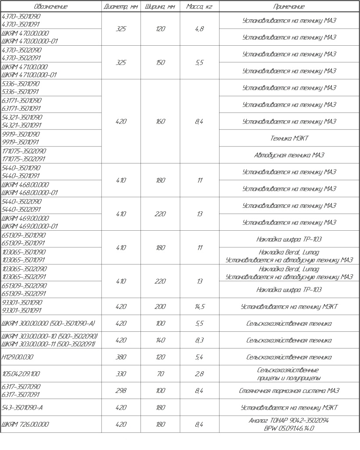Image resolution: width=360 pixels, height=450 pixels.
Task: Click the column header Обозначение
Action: tap(51, 7)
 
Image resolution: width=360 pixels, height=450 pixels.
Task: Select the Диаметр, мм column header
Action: tap(121, 7)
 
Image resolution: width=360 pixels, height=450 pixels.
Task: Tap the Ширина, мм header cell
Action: tap(160, 7)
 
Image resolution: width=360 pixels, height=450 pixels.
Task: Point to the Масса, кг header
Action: tap(199, 7)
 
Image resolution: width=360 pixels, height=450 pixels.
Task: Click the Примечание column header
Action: tap(289, 7)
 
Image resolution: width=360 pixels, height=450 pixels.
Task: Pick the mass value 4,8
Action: tap(199, 29)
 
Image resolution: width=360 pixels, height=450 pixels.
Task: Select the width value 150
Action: tap(160, 63)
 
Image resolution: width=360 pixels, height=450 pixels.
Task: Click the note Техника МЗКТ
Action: tap(289, 138)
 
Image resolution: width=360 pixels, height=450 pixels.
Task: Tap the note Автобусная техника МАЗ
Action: tap(289, 155)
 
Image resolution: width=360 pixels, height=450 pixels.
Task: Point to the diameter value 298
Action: tap(121, 391)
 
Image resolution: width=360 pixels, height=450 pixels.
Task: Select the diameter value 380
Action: tap(121, 357)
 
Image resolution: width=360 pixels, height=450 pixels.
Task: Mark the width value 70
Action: tap(160, 374)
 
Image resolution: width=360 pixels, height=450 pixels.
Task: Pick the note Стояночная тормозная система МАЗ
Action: tap(289, 391)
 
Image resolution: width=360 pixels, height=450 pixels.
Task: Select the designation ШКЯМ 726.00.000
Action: tap(26, 425)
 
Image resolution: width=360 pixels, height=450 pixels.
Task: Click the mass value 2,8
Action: tap(199, 374)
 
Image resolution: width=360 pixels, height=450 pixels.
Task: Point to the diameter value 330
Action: tap(121, 374)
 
